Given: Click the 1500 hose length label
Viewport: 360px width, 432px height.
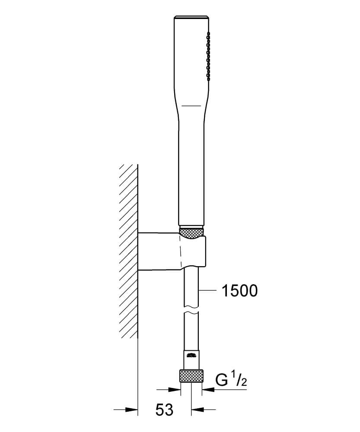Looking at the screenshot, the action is pyautogui.click(x=239, y=291).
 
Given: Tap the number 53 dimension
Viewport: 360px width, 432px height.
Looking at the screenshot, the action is pyautogui.click(x=164, y=410).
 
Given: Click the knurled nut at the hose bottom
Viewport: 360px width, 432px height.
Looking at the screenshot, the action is pyautogui.click(x=191, y=376).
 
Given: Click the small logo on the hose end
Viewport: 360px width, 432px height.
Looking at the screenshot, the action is pyautogui.click(x=192, y=355).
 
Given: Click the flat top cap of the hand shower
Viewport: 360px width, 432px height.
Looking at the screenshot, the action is pyautogui.click(x=191, y=17).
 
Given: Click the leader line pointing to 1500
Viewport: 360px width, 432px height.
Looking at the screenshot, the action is pyautogui.click(x=207, y=290).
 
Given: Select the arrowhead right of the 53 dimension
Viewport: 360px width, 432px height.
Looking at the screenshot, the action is pyautogui.click(x=198, y=410).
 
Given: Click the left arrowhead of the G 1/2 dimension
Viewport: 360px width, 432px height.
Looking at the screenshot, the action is pyautogui.click(x=175, y=390).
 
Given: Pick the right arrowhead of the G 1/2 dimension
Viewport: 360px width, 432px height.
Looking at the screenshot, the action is pyautogui.click(x=208, y=390).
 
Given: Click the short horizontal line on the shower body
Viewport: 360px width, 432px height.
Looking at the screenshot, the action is pyautogui.click(x=191, y=105).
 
